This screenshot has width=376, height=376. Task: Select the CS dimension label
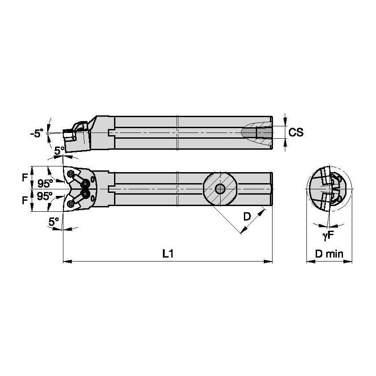(296, 132)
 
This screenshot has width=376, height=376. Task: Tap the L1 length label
(167, 254)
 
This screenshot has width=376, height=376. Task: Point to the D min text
(329, 254)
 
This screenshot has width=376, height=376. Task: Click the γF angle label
(328, 236)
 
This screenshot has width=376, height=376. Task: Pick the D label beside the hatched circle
(247, 216)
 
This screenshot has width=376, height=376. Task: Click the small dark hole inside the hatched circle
(219, 189)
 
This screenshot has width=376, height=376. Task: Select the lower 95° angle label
(45, 196)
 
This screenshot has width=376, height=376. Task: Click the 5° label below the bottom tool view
(54, 223)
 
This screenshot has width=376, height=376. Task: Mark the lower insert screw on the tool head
(70, 203)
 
